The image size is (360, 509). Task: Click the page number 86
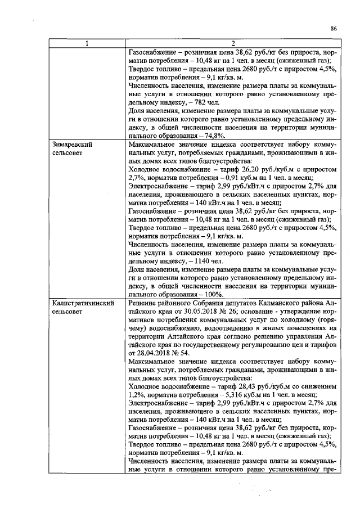[334, 28]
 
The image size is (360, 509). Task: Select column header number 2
[232, 44]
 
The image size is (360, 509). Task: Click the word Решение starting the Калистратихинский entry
[145, 303]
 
